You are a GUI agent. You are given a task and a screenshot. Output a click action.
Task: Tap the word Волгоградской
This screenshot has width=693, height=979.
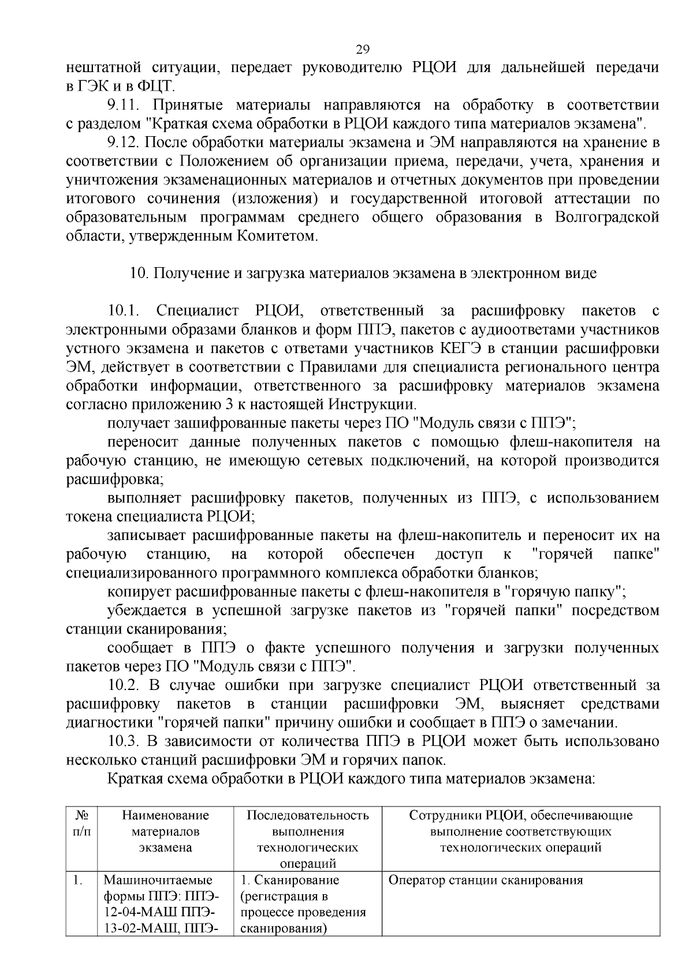click(x=606, y=217)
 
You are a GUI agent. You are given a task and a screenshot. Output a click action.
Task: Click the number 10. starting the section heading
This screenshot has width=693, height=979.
click(x=139, y=273)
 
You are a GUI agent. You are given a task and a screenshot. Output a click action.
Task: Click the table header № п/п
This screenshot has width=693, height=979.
click(x=81, y=823)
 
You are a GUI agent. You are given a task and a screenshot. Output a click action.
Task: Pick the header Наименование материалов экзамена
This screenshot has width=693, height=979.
click(x=165, y=831)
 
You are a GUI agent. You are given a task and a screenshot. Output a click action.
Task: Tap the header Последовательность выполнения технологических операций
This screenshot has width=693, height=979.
click(x=307, y=839)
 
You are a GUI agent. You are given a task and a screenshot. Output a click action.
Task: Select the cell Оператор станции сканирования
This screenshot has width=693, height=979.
click(x=486, y=880)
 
